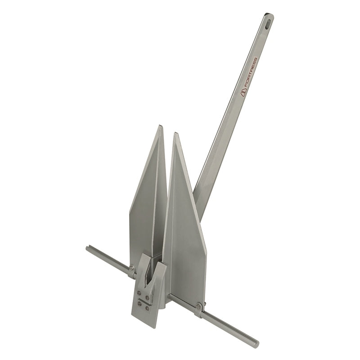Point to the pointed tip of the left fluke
(x=160, y=127)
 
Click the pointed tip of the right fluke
(x=174, y=134)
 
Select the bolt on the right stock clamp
(x=198, y=307)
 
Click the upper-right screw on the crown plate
(x=147, y=297)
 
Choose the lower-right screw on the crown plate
(x=147, y=309)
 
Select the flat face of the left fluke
(x=144, y=202)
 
